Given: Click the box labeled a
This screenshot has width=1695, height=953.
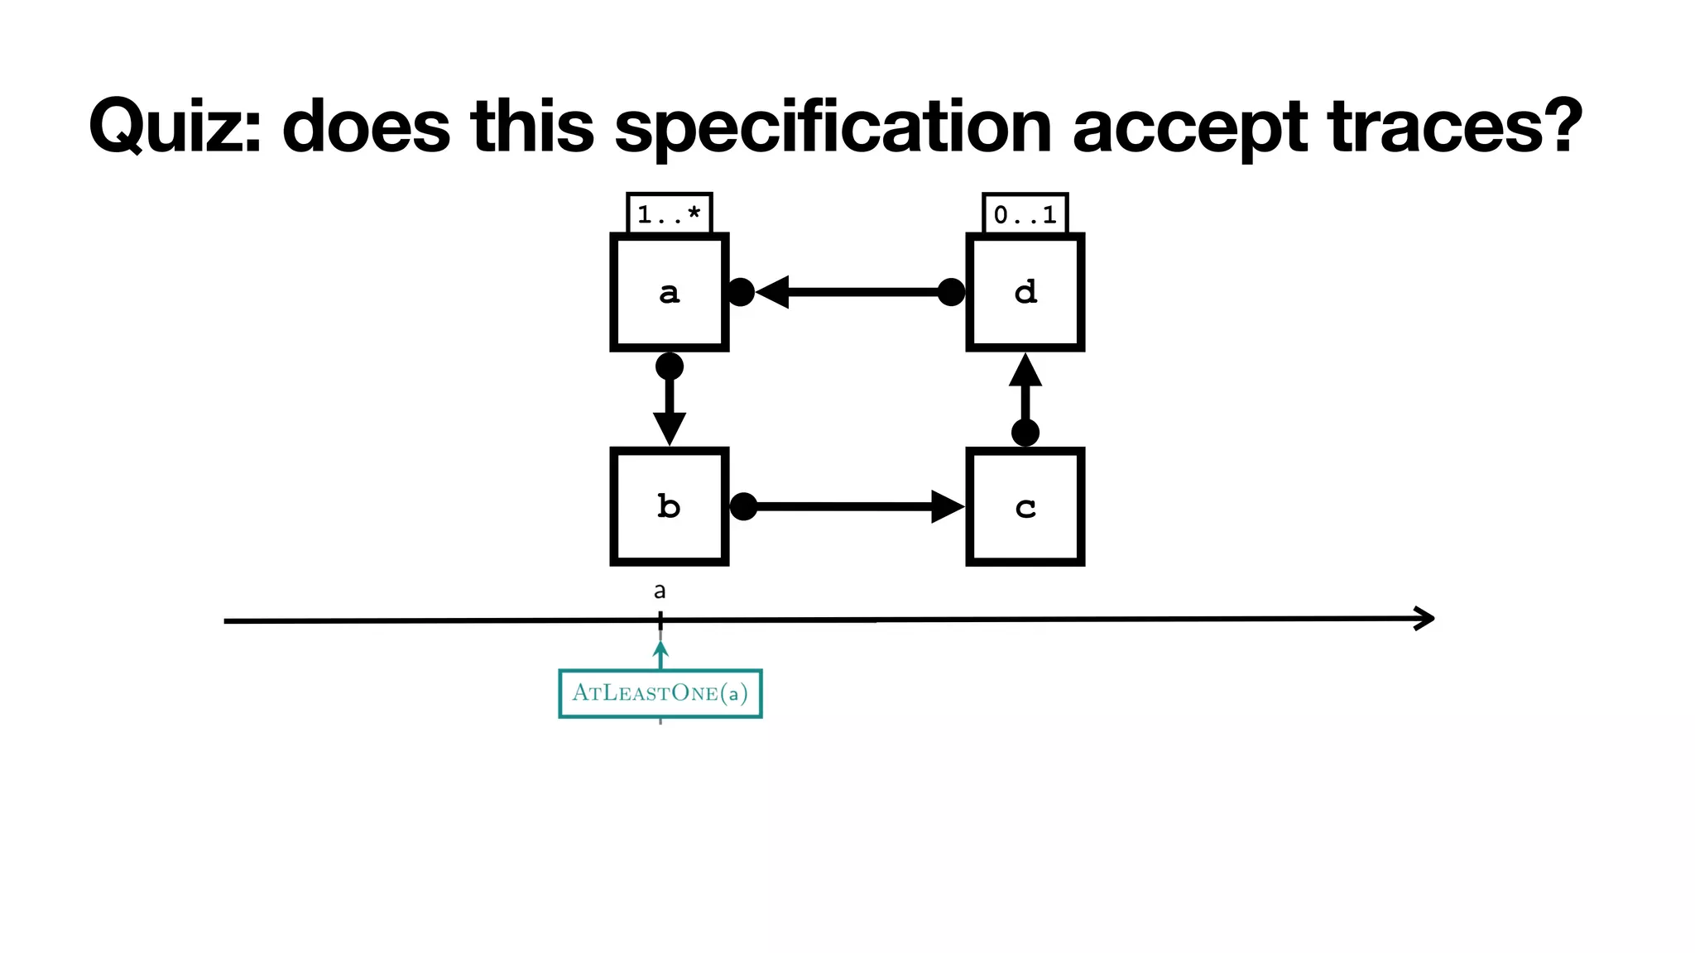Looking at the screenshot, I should [x=669, y=292].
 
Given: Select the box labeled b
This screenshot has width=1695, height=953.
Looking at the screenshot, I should [x=669, y=506].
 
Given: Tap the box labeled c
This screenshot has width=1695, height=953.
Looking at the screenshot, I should [x=1025, y=506].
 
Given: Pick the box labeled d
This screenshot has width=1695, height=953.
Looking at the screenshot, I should [x=1025, y=292].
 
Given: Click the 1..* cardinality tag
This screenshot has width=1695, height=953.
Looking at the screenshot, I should [x=669, y=214].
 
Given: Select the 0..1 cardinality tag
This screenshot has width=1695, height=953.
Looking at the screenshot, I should [x=1025, y=214].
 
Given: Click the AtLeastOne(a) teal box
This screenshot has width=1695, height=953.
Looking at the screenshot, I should [x=660, y=692].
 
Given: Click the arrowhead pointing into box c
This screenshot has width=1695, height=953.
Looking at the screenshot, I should [x=947, y=506].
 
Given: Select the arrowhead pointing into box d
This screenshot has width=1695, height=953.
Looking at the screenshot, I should [x=1025, y=371].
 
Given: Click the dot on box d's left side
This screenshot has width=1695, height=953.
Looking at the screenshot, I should [x=951, y=292].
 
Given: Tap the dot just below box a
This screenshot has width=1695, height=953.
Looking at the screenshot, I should [x=669, y=366].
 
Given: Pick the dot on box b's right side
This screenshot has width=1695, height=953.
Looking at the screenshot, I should [x=743, y=506].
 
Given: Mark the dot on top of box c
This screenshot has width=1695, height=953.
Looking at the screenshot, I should [x=1025, y=432].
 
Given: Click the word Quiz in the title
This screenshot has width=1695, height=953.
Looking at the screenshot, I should [x=175, y=127].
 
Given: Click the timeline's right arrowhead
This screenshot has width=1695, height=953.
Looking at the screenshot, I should [x=1425, y=618].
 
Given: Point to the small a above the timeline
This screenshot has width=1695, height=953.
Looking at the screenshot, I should [x=660, y=591].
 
